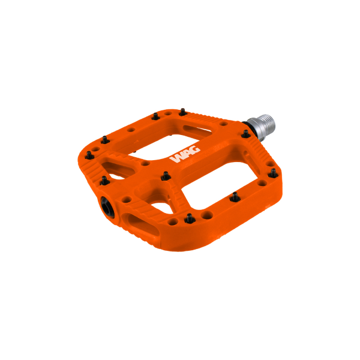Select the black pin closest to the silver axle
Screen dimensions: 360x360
[245, 134]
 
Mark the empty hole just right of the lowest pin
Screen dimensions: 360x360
[206, 214]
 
